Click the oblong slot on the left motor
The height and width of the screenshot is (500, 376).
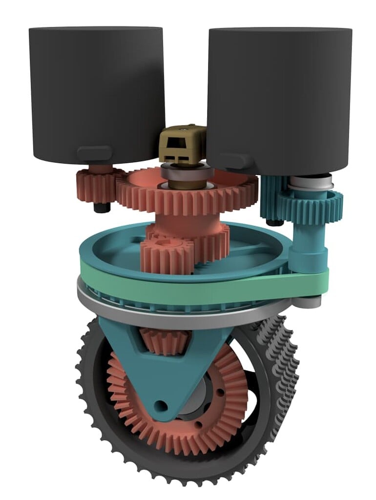(x=94, y=153)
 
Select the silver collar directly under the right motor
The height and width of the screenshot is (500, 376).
(x=310, y=185)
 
